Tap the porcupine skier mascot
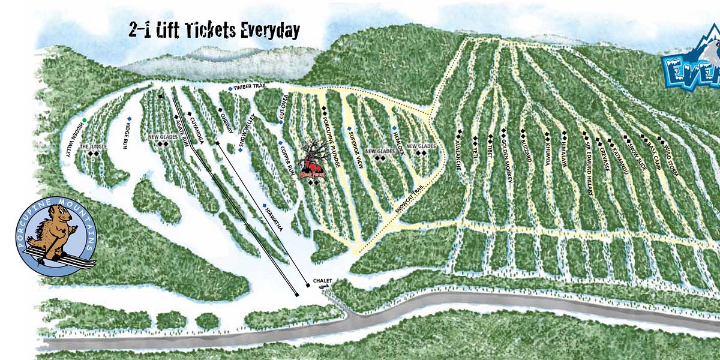coord(53,236)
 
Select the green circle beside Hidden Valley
coord(85,121)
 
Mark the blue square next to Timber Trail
coord(230,88)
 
